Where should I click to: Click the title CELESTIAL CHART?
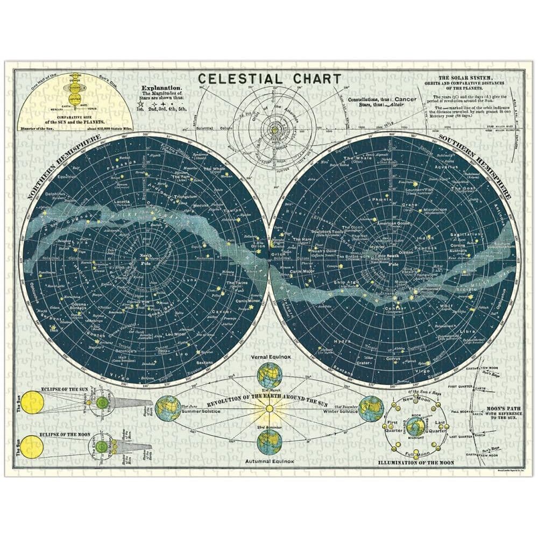270,79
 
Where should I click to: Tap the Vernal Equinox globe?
270,376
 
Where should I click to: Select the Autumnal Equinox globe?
270,442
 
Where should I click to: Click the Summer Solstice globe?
168,408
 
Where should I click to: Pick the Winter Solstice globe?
371,408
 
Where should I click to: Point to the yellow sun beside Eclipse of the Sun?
31,402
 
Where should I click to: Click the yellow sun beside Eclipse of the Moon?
31,447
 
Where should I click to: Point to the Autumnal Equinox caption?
269,462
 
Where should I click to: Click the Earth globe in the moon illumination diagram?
415,427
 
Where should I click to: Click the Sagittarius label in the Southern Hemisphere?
465,235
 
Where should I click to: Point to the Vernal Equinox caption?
269,357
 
